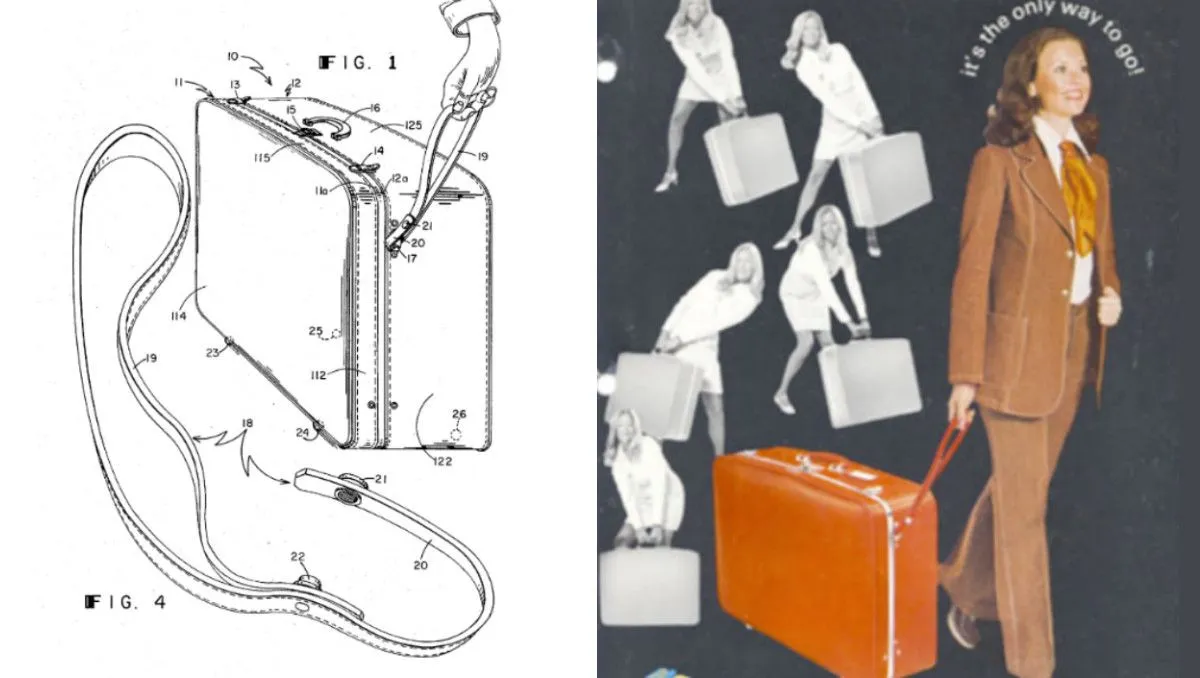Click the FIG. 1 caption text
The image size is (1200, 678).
358,63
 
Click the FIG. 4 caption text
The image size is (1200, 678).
125,601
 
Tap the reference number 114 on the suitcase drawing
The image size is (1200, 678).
178,316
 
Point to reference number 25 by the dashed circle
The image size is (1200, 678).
316,331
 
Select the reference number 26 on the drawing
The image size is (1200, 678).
459,413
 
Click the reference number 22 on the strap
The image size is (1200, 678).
298,557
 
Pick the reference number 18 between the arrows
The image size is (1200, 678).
247,423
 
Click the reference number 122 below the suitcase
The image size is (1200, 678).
442,461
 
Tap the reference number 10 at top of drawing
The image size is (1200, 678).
232,56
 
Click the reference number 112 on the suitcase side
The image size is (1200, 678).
318,375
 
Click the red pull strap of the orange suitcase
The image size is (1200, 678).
939,467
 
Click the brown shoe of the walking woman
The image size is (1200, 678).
963,627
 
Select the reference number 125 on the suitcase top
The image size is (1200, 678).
413,125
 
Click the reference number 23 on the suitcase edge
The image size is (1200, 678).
213,352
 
